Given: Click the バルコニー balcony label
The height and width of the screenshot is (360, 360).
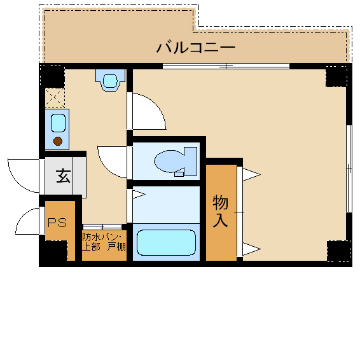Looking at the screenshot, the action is point(196,48).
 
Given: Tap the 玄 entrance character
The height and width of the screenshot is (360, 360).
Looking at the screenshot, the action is point(64,176).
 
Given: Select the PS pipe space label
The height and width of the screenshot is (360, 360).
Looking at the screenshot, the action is point(57,223).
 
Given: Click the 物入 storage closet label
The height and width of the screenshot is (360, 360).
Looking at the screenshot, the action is point(221,211).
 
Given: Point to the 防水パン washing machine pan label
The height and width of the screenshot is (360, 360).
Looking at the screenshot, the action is point(102,237).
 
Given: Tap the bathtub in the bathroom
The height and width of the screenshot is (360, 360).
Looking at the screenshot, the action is point(166,243).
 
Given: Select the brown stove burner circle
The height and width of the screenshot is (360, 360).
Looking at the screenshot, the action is point(58,141).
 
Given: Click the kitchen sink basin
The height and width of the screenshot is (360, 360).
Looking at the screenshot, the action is point(58,123).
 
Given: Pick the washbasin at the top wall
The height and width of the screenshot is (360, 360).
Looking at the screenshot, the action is point(111,80).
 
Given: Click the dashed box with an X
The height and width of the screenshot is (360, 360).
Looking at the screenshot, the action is point(55,98).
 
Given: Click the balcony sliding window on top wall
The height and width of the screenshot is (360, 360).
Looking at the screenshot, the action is point(226,66).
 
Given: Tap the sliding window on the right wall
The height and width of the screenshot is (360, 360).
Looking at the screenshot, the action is point(349,169).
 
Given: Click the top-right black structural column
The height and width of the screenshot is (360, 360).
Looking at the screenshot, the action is point(336,76).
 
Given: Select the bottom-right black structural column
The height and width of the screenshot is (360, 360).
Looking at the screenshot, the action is point(338,251).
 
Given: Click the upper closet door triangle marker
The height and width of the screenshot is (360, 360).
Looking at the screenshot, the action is point(251,175).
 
